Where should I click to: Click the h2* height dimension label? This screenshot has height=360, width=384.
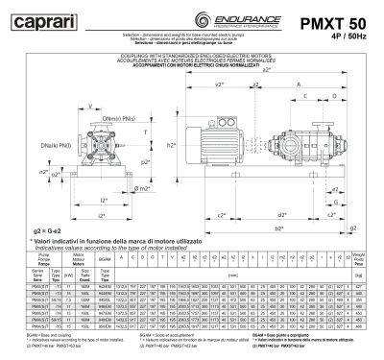172,144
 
